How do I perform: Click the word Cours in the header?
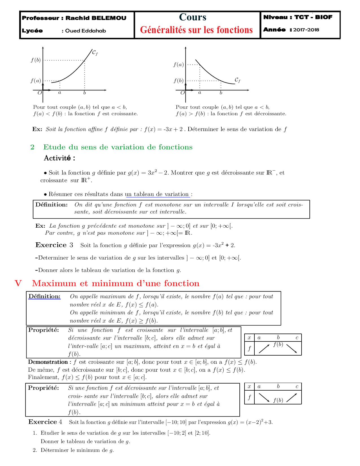click(x=193, y=17)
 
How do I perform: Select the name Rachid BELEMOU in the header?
click(x=96, y=18)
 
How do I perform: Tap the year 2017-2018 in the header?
click(x=306, y=30)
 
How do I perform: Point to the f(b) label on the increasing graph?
click(x=36, y=60)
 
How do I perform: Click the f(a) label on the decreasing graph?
click(x=178, y=65)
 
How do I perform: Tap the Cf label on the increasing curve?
click(x=95, y=53)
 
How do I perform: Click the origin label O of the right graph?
click(x=182, y=93)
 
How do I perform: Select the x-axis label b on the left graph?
click(x=84, y=93)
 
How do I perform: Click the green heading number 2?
click(x=32, y=147)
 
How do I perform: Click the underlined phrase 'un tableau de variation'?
click(x=157, y=194)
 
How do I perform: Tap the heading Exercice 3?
click(x=54, y=245)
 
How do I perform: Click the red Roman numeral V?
click(x=18, y=283)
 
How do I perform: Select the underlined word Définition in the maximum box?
click(x=44, y=296)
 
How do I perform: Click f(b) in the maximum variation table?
click(x=278, y=345)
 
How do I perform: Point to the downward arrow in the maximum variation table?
click(x=292, y=349)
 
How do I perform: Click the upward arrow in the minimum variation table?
click(x=292, y=398)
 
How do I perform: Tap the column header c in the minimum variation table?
click(x=297, y=386)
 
